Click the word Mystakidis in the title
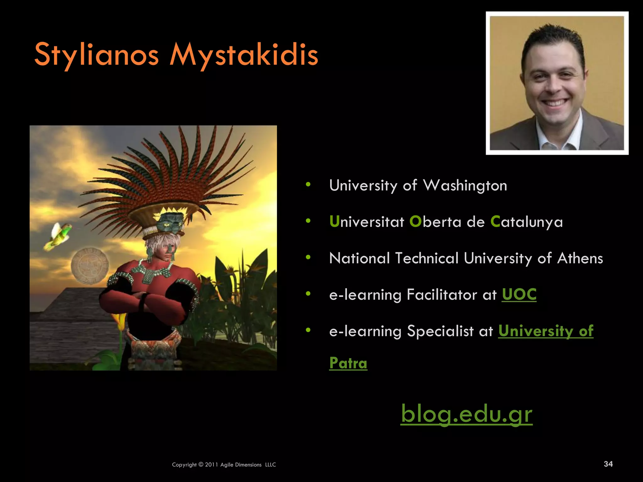click(244, 55)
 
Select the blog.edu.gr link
click(467, 414)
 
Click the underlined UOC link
click(519, 294)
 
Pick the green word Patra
click(348, 363)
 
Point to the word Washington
click(465, 185)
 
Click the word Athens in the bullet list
click(580, 258)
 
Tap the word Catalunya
click(527, 222)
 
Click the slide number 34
click(608, 464)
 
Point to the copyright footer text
click(224, 465)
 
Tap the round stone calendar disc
click(90, 265)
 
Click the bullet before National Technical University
click(308, 258)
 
